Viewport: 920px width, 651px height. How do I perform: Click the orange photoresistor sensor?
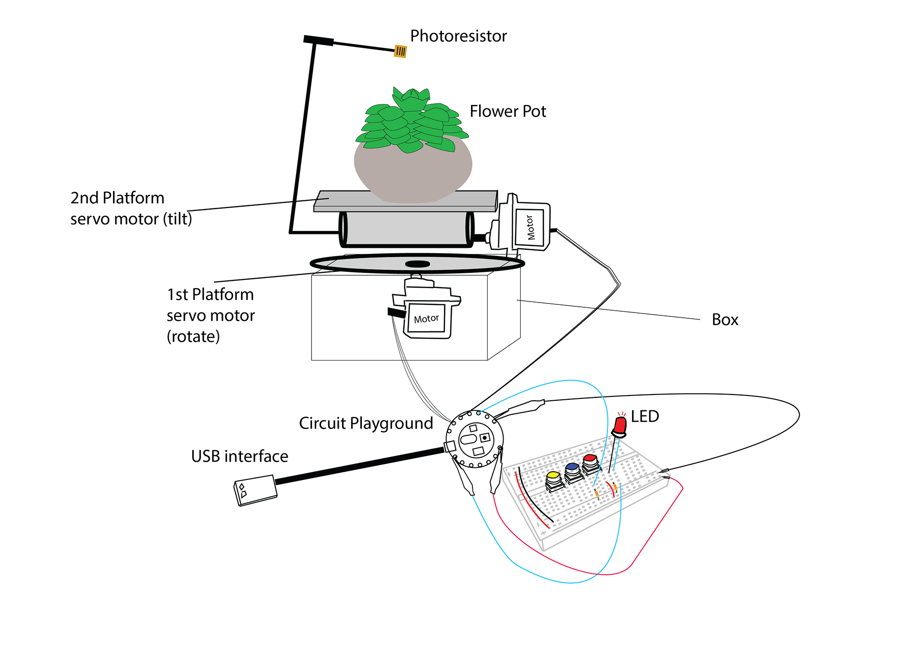point(400,51)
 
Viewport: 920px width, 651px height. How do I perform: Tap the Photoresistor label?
point(458,36)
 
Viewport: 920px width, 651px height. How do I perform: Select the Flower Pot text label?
point(507,111)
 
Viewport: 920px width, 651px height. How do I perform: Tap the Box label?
point(725,320)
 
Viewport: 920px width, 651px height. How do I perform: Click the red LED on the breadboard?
point(620,426)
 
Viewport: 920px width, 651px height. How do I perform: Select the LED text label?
point(644,416)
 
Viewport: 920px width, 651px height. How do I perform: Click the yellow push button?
point(554,481)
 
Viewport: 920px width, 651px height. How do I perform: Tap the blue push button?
point(573,472)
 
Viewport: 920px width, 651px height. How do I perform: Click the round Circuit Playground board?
point(474,439)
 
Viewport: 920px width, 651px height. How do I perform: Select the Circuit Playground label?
point(366,423)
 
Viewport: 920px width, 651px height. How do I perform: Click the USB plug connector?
point(255,490)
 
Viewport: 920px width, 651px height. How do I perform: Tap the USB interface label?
point(240,456)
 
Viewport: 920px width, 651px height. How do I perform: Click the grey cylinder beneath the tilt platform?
point(406,229)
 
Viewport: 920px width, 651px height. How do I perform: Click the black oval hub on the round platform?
point(417,264)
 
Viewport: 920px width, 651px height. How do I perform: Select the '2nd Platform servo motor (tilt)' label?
point(131,208)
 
